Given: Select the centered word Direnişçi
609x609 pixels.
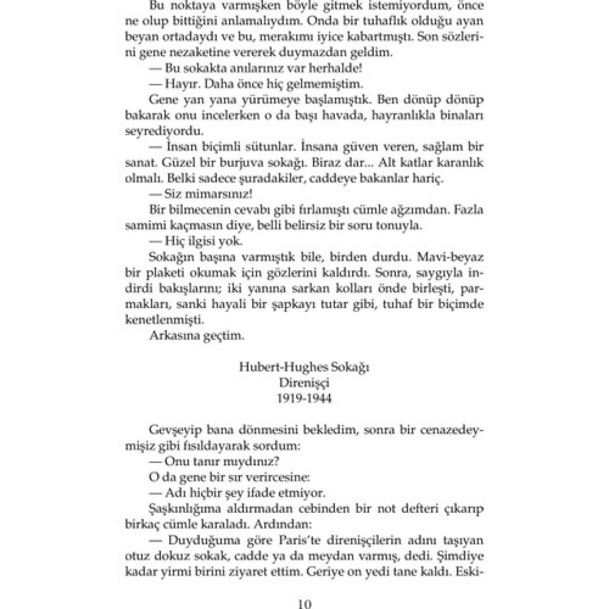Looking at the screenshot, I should [304, 383].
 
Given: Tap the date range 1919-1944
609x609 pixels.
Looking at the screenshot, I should [304, 399].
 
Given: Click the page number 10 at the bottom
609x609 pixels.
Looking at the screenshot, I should [304, 604].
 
